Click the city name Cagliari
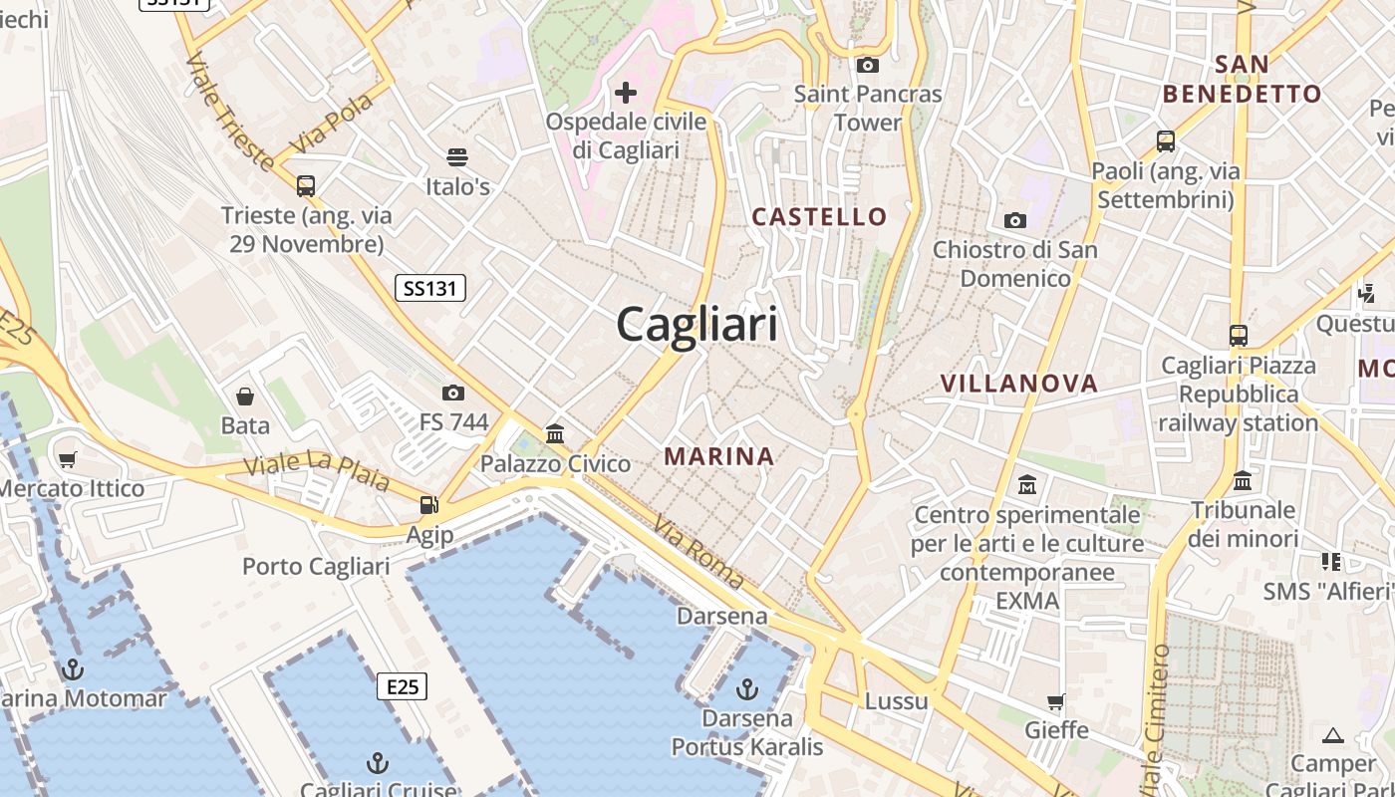(697, 325)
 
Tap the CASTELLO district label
(819, 216)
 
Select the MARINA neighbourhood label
(718, 456)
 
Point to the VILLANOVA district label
(1018, 384)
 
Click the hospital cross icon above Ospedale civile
(626, 93)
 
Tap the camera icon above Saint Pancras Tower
(868, 65)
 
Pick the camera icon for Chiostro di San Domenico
(1015, 220)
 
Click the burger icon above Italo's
(457, 157)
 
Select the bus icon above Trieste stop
(306, 185)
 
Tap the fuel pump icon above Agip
(428, 505)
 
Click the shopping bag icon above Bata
(245, 397)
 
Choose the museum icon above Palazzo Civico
(555, 433)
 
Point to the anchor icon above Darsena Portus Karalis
(746, 688)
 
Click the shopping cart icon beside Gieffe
(1056, 701)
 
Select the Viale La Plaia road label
(317, 472)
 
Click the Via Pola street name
(331, 125)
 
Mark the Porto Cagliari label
(316, 567)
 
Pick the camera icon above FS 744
(453, 393)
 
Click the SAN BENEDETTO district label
(1242, 80)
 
